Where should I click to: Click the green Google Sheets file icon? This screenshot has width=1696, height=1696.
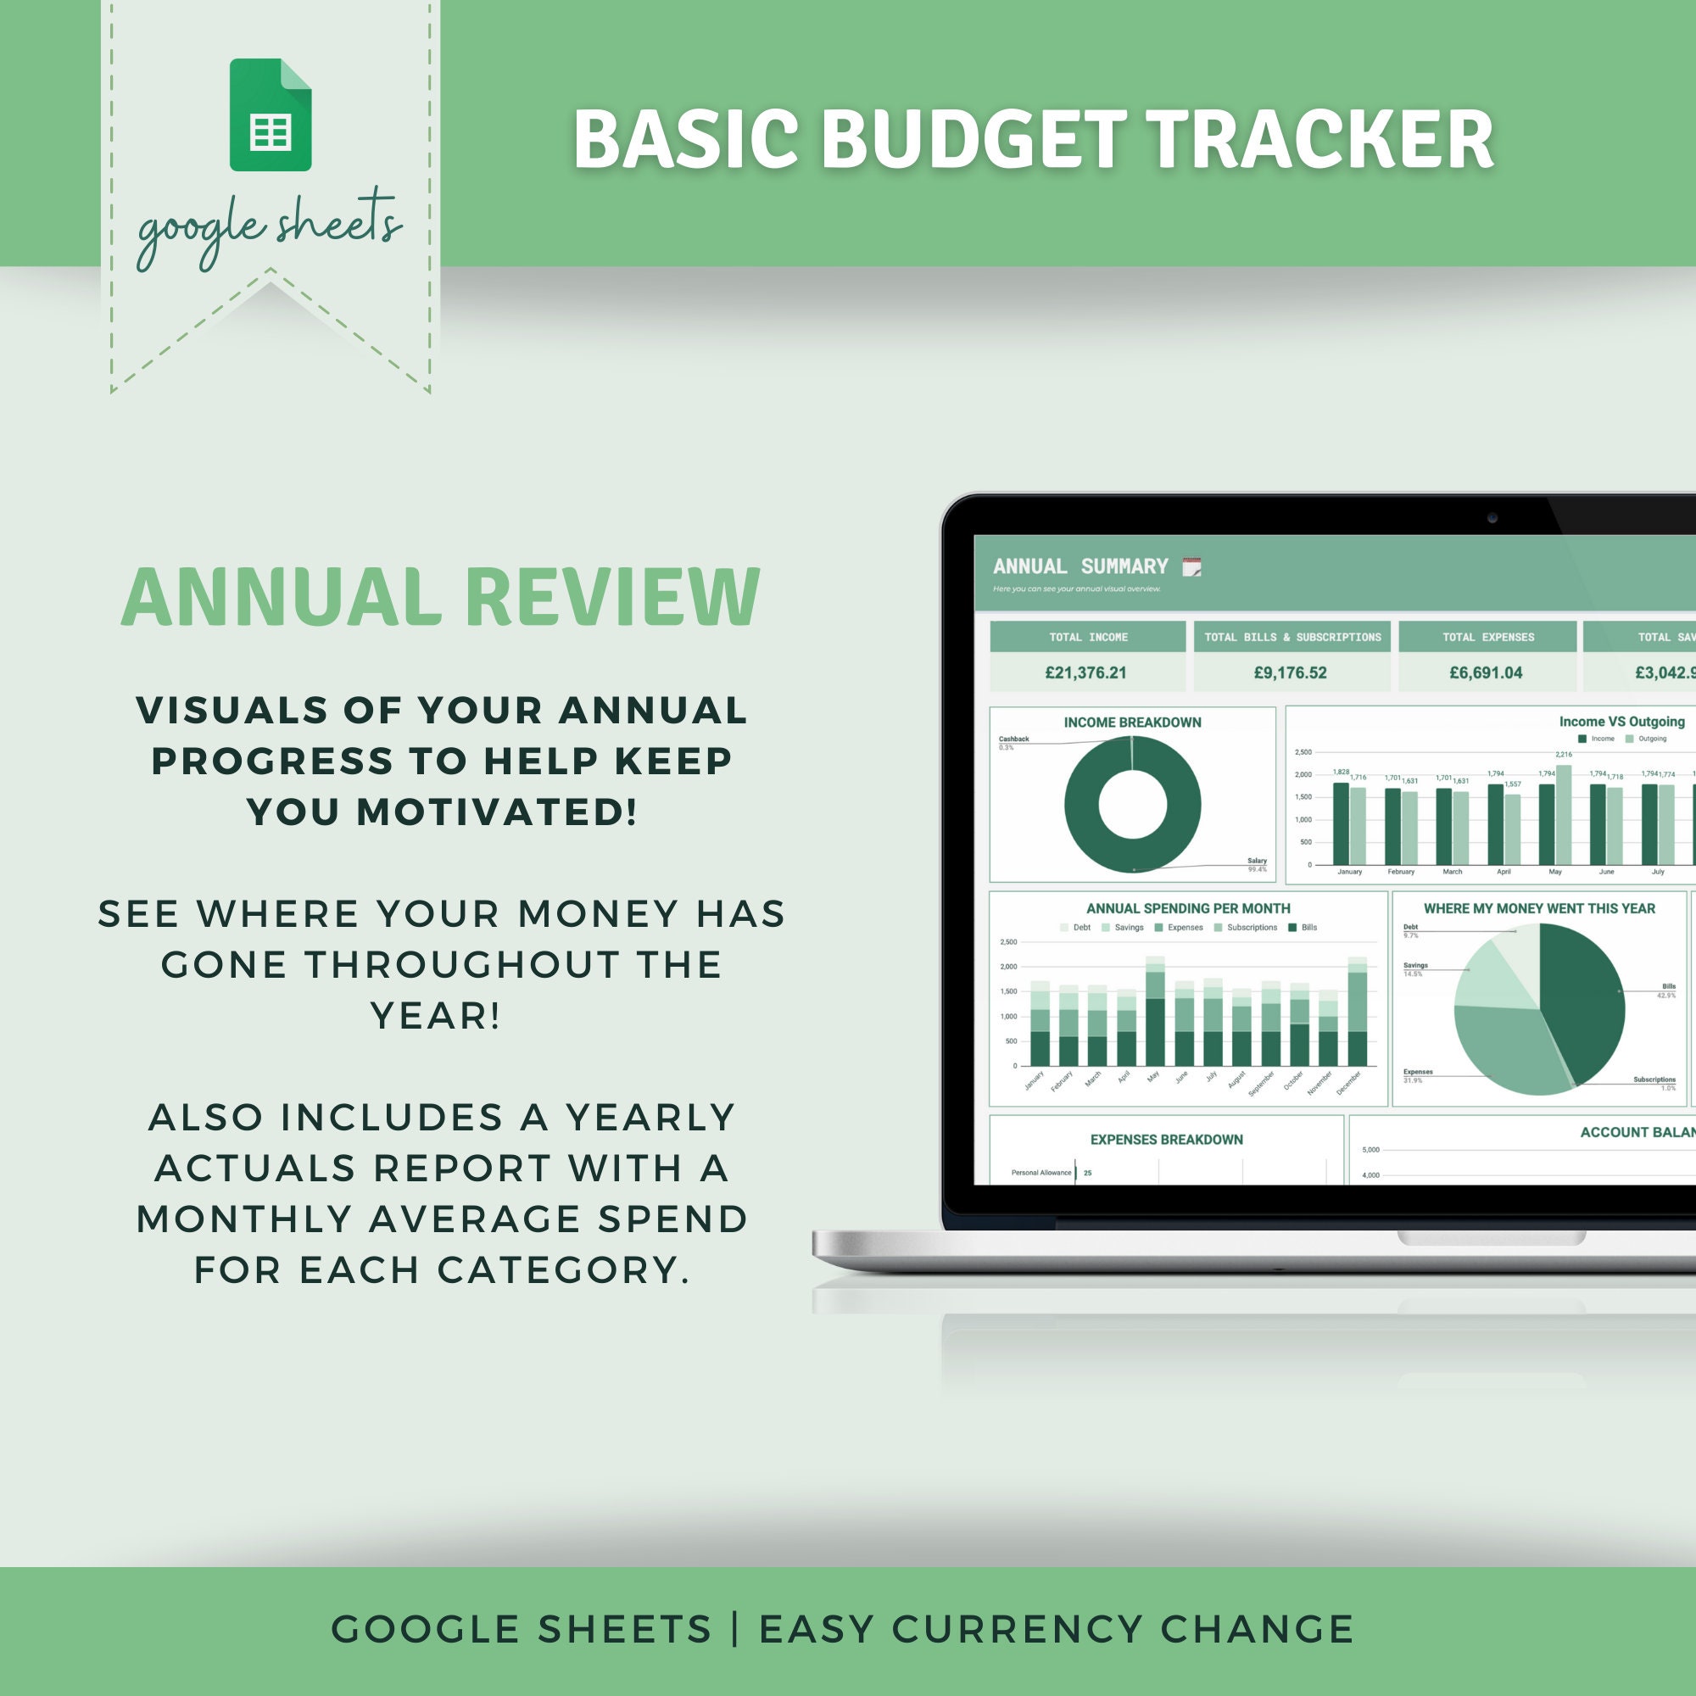(x=271, y=115)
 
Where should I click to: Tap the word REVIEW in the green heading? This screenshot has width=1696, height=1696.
(x=612, y=597)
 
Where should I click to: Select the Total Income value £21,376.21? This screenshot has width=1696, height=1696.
(x=1085, y=672)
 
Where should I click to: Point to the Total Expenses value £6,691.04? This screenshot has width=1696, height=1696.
(x=1486, y=672)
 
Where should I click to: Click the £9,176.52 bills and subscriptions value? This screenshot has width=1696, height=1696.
(x=1290, y=672)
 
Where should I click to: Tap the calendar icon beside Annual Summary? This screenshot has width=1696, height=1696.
(x=1191, y=567)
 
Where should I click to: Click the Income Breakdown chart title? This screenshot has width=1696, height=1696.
(x=1132, y=722)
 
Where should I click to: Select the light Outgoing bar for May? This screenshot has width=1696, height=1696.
(x=1564, y=815)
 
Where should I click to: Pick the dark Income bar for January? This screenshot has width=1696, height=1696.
(x=1341, y=823)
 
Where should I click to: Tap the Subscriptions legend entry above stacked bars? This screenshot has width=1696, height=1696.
(x=1251, y=928)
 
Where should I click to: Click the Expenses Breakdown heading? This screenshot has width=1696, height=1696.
(x=1166, y=1140)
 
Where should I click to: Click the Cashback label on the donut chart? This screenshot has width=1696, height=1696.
(x=1014, y=739)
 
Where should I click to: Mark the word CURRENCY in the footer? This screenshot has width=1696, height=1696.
(x=1018, y=1629)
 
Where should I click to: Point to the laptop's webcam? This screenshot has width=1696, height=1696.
(x=1492, y=518)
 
